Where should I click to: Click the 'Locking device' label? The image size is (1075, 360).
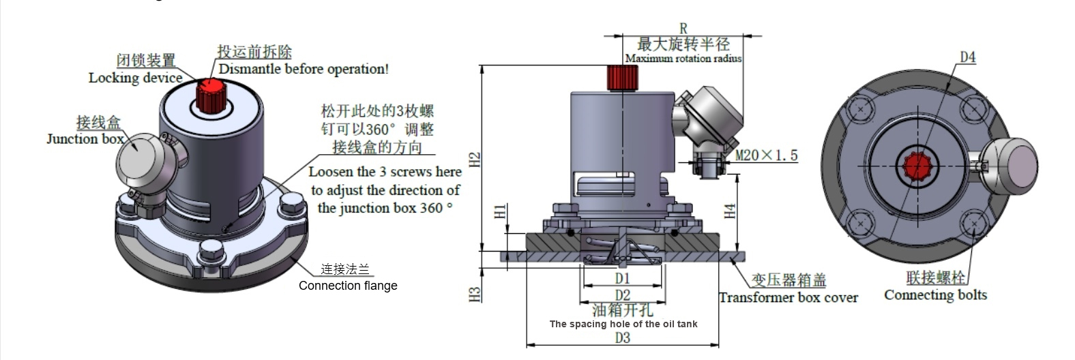click(x=135, y=78)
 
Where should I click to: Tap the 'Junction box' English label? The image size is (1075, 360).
click(x=85, y=139)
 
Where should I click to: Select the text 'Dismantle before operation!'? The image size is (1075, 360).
click(x=304, y=69)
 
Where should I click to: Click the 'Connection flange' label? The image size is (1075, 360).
click(x=348, y=286)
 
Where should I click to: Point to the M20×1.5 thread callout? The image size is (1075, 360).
click(x=766, y=155)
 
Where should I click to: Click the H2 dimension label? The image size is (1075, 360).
click(x=475, y=159)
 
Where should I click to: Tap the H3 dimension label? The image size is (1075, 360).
click(x=475, y=294)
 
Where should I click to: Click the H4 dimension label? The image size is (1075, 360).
click(x=730, y=211)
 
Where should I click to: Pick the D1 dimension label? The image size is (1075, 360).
click(x=622, y=278)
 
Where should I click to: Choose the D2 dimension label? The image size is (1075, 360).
click(x=622, y=295)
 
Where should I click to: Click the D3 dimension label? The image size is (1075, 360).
click(x=622, y=337)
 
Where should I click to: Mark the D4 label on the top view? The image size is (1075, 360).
click(x=968, y=57)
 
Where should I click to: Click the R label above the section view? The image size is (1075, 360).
click(x=683, y=29)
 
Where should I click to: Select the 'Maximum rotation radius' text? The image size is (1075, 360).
click(x=683, y=59)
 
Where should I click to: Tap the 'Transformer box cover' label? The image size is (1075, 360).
click(x=788, y=297)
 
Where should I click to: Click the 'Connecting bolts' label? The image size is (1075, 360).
click(x=935, y=295)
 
